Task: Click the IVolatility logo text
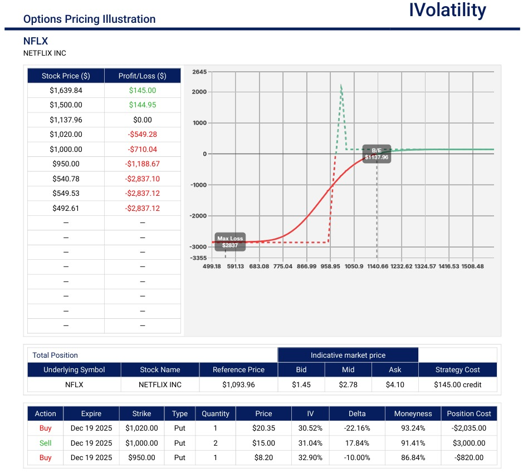coord(447,11)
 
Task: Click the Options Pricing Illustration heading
coord(89,19)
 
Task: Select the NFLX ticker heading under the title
coord(36,41)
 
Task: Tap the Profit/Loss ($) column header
coord(143,76)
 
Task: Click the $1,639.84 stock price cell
coord(66,91)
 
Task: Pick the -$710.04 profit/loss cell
coord(143,150)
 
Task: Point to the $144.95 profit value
coord(143,105)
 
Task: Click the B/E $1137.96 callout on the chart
coord(377,154)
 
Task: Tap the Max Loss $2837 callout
coord(229,241)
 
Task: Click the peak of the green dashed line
coord(341,85)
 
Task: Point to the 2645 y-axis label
coord(199,72)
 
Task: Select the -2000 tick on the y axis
coord(198,216)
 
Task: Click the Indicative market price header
coord(348,355)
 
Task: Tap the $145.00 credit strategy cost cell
coord(457,384)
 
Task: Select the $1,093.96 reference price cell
coord(238,384)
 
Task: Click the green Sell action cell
coord(45,443)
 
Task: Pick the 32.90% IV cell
coord(310,458)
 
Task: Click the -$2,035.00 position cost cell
coord(469,428)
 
